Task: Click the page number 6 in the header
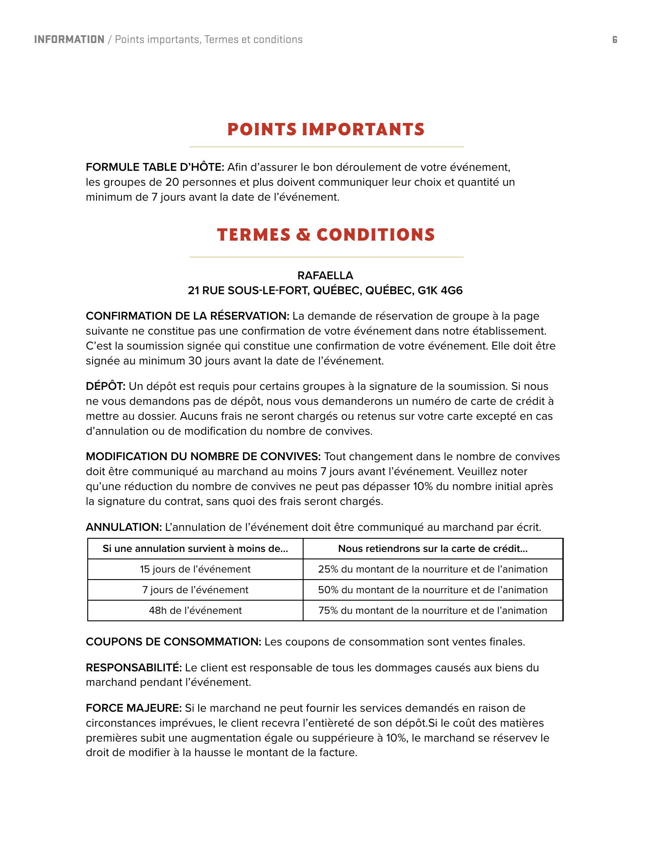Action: (615, 40)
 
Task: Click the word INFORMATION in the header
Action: (69, 40)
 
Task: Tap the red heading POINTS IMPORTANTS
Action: (326, 130)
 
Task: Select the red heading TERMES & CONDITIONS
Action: (326, 235)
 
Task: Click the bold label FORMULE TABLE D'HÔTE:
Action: (155, 167)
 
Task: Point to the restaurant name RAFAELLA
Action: (325, 276)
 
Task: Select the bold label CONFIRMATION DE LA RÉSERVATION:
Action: (187, 316)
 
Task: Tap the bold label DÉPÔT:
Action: (106, 386)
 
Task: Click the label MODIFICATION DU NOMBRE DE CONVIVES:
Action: (203, 457)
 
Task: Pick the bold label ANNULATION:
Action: (124, 527)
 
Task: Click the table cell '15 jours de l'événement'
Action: (195, 569)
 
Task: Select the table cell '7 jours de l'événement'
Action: (195, 590)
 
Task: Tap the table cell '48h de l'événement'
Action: (195, 611)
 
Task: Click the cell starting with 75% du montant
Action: (433, 611)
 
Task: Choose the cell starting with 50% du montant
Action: (433, 590)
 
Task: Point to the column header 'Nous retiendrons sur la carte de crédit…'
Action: (433, 549)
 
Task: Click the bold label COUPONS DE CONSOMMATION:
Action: (173, 642)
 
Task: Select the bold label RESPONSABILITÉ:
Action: (134, 668)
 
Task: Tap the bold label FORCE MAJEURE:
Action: (133, 708)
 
